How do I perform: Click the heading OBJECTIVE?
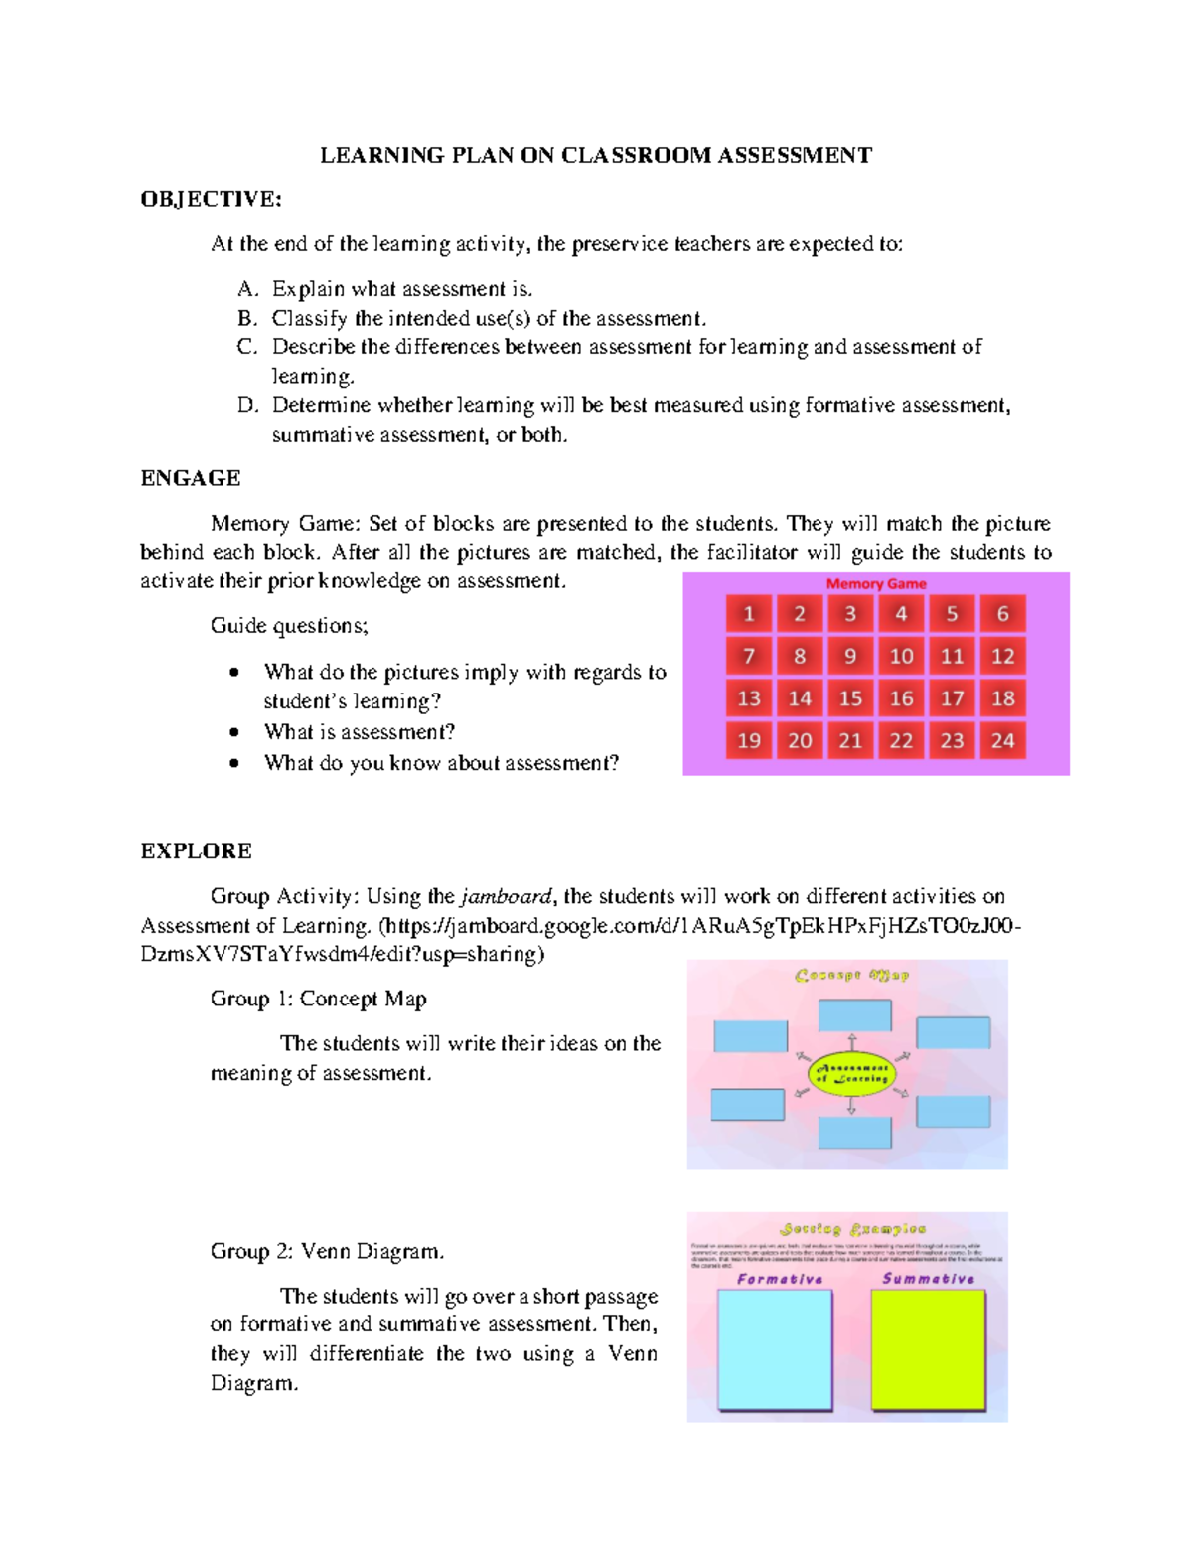click(x=211, y=199)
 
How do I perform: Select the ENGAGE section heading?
click(x=191, y=478)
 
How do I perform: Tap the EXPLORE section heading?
click(x=196, y=850)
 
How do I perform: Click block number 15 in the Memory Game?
click(x=850, y=698)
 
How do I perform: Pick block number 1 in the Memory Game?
click(x=749, y=614)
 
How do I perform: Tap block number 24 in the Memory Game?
click(x=1002, y=740)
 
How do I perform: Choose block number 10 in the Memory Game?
click(x=901, y=656)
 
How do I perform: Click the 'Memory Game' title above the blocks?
click(x=876, y=584)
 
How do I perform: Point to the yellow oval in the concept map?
click(x=851, y=1074)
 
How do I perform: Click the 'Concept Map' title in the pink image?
click(x=851, y=975)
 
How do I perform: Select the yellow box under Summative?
click(x=928, y=1348)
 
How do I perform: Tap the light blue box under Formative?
click(x=775, y=1348)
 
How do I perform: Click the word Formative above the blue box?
click(x=780, y=1279)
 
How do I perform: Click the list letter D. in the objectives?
click(x=247, y=405)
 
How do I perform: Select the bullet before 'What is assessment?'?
click(x=234, y=733)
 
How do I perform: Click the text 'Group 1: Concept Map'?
click(x=318, y=999)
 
